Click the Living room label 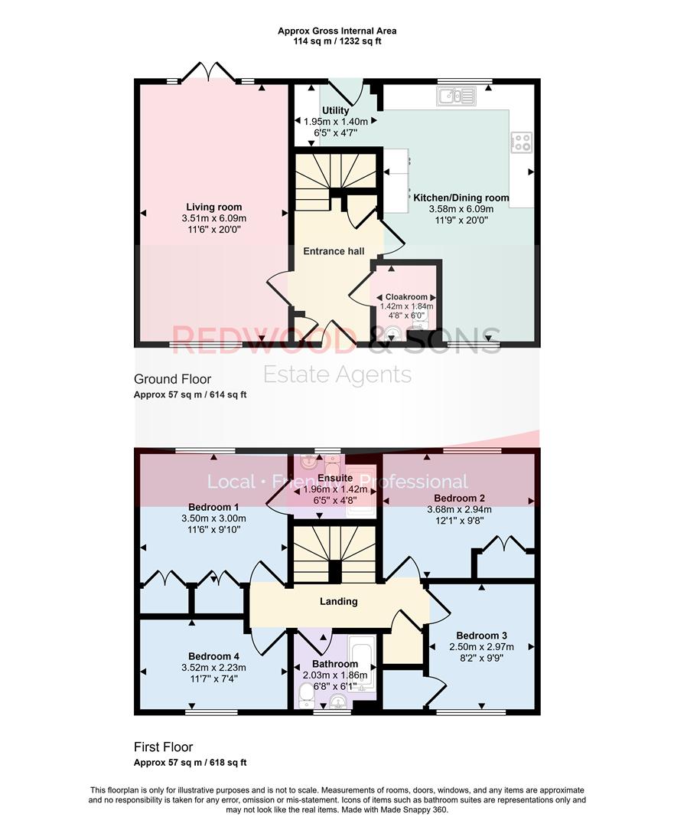coord(214,207)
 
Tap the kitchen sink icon coord(456,96)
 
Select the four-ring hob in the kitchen coord(521,142)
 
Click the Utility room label coord(336,111)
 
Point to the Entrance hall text coord(334,251)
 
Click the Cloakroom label coord(406,297)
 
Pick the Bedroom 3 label coord(481,636)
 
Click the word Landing coord(338,601)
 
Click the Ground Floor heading coord(172,379)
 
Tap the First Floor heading coord(163,747)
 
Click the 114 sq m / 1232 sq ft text coord(337,41)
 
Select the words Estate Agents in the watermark coord(337,374)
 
